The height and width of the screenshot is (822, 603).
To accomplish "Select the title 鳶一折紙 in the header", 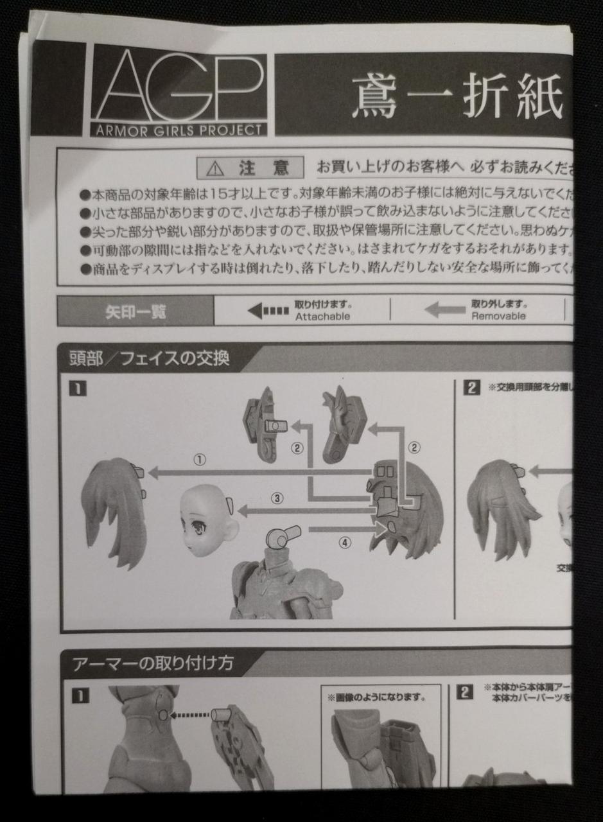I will pyautogui.click(x=457, y=96).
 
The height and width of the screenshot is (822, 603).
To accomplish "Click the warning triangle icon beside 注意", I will pyautogui.click(x=216, y=168).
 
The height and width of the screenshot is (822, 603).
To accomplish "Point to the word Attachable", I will pyautogui.click(x=323, y=317).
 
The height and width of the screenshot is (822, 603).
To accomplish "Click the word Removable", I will pyautogui.click(x=498, y=316).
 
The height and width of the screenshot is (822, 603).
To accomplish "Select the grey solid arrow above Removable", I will pyautogui.click(x=445, y=311).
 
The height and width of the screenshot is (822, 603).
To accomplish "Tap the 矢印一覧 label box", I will pyautogui.click(x=135, y=311).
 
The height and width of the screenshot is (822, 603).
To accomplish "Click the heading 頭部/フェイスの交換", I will pyautogui.click(x=149, y=358).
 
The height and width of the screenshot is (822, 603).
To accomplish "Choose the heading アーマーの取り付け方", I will pyautogui.click(x=153, y=663).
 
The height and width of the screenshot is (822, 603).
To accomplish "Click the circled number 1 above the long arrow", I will pyautogui.click(x=200, y=460).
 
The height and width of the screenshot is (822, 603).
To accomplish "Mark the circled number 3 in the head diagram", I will pyautogui.click(x=277, y=498).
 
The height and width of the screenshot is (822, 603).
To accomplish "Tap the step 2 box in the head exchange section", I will pyautogui.click(x=472, y=388).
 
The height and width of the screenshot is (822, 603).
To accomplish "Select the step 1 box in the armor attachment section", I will pyautogui.click(x=80, y=694).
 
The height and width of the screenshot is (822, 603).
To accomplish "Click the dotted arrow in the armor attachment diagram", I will pyautogui.click(x=191, y=714).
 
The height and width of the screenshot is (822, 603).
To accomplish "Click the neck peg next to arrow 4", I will pyautogui.click(x=283, y=537).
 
